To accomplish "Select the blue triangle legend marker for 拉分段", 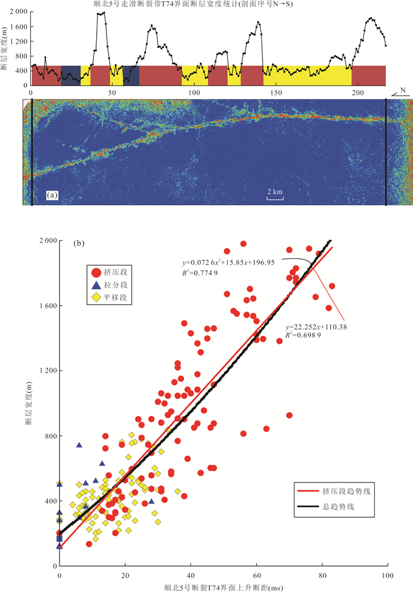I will pos(96,285).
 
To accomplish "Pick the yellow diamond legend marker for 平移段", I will pos(96,298).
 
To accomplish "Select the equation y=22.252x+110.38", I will pos(317,327).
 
